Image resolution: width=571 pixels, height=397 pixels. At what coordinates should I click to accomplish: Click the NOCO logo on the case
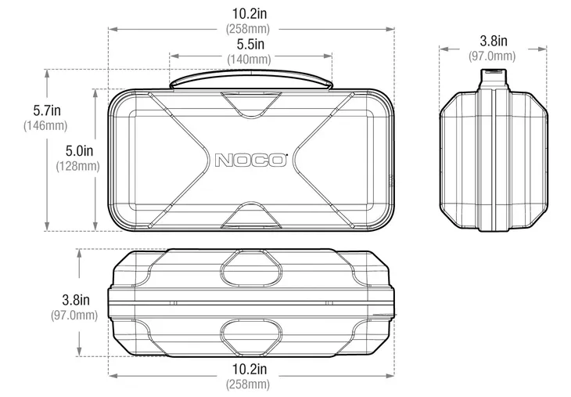(250, 160)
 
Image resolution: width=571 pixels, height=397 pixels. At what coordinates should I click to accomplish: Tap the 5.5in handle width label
(250, 44)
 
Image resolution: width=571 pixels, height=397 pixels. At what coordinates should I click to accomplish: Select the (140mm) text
(249, 59)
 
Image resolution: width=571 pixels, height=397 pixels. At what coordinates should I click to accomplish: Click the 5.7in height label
(47, 110)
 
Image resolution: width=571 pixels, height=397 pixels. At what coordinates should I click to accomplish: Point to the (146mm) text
(45, 125)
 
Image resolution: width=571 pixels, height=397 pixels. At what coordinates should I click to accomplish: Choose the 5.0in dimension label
(79, 150)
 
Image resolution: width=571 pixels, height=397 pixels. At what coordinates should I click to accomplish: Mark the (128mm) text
(78, 166)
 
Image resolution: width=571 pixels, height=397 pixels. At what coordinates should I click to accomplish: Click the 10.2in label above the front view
(250, 13)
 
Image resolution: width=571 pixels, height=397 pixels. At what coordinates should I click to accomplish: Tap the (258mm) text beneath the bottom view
(248, 384)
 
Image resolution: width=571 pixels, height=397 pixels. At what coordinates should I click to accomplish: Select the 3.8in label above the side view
(494, 41)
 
